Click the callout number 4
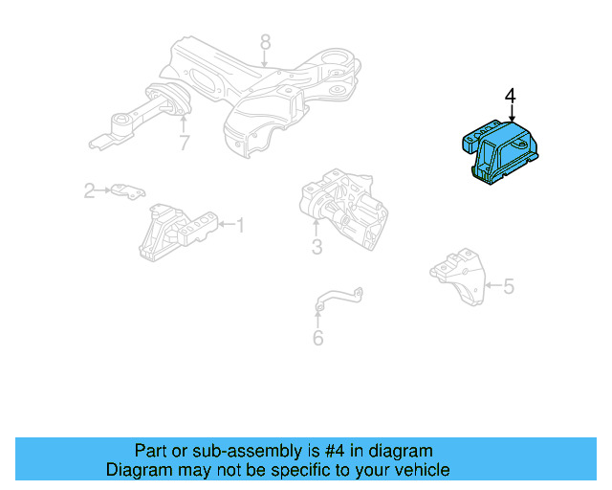(510, 97)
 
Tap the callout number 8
(265, 41)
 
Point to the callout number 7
(184, 144)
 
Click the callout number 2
(89, 190)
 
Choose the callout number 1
(240, 226)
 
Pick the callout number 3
(317, 248)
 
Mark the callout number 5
(509, 285)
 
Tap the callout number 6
(317, 337)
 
